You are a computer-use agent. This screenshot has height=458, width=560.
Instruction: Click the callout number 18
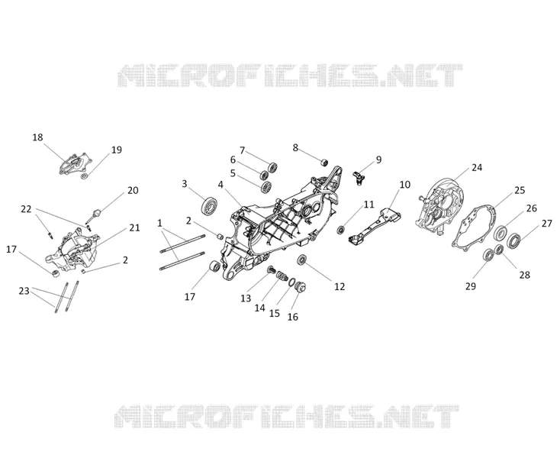(x=37, y=137)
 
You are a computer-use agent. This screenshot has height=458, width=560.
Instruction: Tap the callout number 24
(x=477, y=167)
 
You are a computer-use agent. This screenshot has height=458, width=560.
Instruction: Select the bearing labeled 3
(x=210, y=205)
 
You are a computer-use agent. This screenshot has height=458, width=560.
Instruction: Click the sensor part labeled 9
(x=358, y=177)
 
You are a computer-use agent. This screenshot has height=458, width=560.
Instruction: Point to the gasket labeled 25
(x=476, y=224)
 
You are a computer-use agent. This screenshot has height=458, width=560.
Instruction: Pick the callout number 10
(x=404, y=185)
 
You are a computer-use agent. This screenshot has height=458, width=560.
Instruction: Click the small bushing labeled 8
(x=324, y=162)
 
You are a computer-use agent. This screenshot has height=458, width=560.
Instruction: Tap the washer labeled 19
(x=84, y=176)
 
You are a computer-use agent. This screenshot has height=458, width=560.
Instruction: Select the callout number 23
(x=24, y=291)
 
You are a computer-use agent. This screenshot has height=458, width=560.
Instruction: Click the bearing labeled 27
(x=513, y=241)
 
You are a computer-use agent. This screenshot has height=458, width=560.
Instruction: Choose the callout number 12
(x=340, y=286)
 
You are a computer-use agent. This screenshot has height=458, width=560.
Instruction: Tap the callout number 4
(x=220, y=185)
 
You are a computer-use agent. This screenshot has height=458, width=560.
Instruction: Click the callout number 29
(x=471, y=286)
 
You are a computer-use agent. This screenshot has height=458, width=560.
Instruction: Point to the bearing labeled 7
(x=273, y=167)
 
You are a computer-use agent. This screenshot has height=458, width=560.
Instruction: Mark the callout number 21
(x=134, y=227)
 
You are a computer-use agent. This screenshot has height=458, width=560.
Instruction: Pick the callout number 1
(x=159, y=224)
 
